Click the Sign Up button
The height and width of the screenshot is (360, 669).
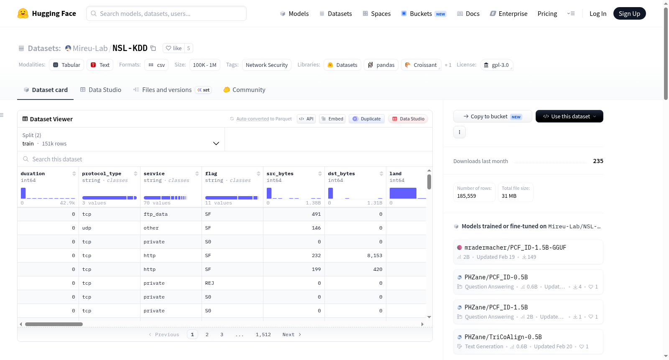coord(629,13)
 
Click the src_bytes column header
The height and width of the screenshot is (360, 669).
coord(280,174)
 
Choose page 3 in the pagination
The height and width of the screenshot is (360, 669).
coord(222,334)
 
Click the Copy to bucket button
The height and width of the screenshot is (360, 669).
coord(493,116)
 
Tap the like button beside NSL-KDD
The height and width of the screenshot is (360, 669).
coord(174,48)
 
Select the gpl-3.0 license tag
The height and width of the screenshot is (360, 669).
coord(496,65)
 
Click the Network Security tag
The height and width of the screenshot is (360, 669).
coord(266,65)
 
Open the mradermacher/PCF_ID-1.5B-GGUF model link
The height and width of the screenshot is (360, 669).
coord(515,248)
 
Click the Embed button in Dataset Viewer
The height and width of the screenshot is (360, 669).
coord(332,119)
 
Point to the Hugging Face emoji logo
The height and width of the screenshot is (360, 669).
coord(23,13)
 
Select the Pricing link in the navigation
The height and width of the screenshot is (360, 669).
coord(547,13)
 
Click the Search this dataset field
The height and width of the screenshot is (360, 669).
coord(225,159)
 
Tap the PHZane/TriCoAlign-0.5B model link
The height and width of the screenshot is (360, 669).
coord(503,337)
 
